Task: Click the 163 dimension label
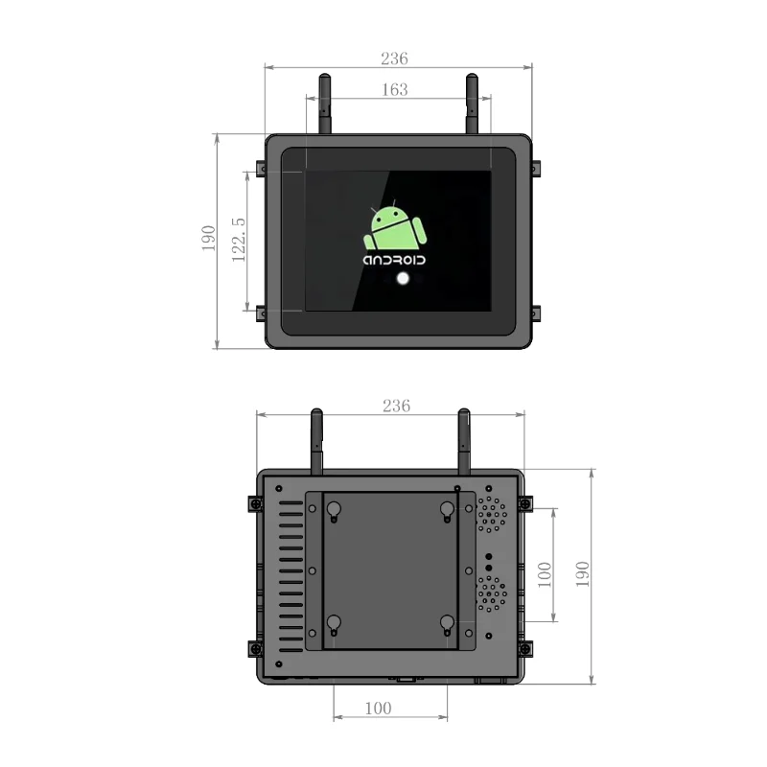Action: pyautogui.click(x=394, y=89)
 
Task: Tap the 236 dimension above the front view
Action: pyautogui.click(x=394, y=58)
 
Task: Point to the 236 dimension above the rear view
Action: pyautogui.click(x=395, y=406)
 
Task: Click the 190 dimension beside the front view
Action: pyautogui.click(x=208, y=239)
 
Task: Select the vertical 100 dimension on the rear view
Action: pyautogui.click(x=545, y=573)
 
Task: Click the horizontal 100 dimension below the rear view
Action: pyautogui.click(x=378, y=708)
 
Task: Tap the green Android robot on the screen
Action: pyautogui.click(x=394, y=227)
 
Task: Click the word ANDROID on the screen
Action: pyautogui.click(x=394, y=260)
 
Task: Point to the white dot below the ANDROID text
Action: pyautogui.click(x=403, y=279)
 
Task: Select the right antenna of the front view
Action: pyautogui.click(x=472, y=103)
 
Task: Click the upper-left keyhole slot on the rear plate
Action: pyautogui.click(x=333, y=512)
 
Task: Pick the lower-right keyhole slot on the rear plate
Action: pyautogui.click(x=447, y=624)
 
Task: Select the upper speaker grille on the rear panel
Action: pyautogui.click(x=493, y=513)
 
